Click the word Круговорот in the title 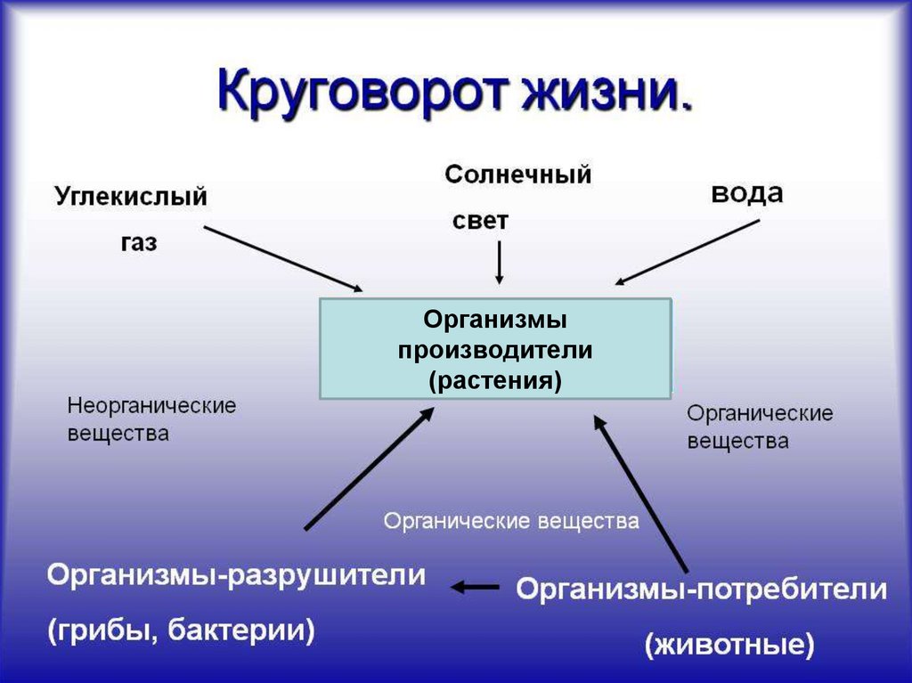point(361,92)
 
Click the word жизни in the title point(600,91)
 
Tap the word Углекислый point(131,198)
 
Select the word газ point(139,242)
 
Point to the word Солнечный point(517,175)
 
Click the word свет point(480,221)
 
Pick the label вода point(747,193)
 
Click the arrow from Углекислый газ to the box point(283,259)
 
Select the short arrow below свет point(499,263)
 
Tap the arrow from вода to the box point(687,253)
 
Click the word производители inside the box point(495,350)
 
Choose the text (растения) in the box point(495,381)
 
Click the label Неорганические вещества point(151,419)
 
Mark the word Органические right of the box point(760,414)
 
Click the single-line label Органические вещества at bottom point(511,521)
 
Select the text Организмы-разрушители point(236,575)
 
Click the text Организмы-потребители point(702,589)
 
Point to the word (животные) point(729,644)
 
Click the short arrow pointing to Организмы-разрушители point(475,587)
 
